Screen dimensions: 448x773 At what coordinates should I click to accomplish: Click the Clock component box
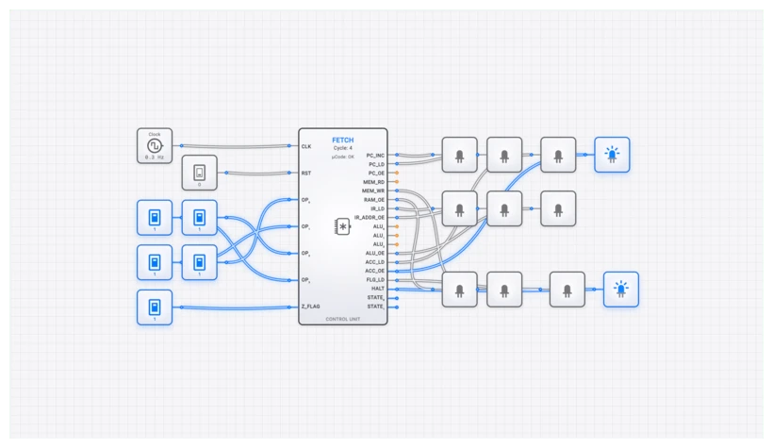155,146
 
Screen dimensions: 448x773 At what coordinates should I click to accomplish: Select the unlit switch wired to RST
199,173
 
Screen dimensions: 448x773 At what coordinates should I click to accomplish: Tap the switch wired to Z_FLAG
155,307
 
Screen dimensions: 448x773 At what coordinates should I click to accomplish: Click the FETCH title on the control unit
343,140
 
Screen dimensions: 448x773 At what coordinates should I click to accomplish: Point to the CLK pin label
306,146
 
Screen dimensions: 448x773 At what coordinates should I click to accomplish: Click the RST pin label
306,174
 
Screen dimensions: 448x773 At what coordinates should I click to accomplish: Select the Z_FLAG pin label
312,307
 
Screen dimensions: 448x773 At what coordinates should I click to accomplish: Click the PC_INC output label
374,155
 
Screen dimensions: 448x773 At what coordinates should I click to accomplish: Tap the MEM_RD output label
374,182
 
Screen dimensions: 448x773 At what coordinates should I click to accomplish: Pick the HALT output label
378,289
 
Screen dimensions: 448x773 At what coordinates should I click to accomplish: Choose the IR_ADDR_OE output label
370,217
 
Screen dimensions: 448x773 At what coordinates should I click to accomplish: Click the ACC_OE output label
374,271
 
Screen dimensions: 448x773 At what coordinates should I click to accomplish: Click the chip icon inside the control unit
343,226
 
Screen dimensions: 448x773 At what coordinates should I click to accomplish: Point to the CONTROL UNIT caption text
343,320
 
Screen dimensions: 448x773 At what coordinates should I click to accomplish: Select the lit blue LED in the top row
612,155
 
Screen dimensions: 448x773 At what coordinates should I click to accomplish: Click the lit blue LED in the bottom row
620,289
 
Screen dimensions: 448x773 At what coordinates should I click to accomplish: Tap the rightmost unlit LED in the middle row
557,208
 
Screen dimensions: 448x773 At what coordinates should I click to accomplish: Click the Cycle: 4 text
343,148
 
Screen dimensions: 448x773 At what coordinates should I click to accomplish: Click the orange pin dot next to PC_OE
397,173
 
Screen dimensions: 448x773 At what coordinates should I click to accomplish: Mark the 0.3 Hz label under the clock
155,158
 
